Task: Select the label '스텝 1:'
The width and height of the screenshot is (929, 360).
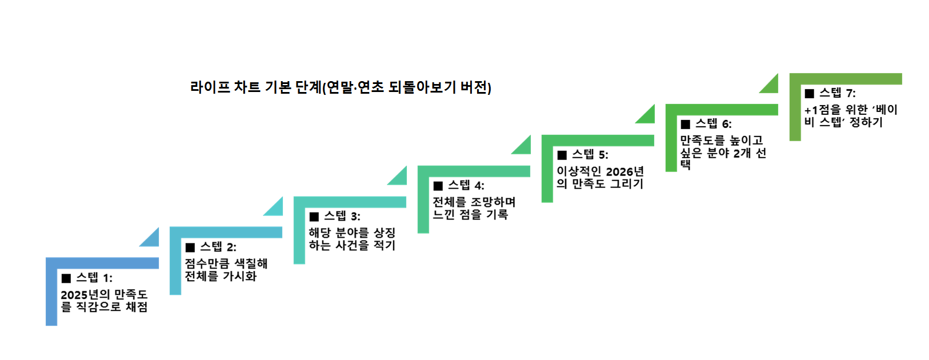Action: (x=94, y=278)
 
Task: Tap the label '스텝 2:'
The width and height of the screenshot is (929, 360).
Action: (x=218, y=247)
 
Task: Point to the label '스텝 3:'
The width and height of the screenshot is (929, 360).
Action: (x=342, y=217)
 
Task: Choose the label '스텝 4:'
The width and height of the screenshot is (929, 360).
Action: (x=466, y=186)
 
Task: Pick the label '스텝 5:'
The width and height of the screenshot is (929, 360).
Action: (x=590, y=155)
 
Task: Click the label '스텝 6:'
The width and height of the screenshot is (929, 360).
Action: (x=714, y=124)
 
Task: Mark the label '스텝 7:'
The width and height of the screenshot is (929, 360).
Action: (x=838, y=93)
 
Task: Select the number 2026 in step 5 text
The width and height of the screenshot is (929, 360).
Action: (x=620, y=171)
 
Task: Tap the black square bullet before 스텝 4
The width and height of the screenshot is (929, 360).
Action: (x=438, y=186)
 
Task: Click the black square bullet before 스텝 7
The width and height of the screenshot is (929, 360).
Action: (x=810, y=94)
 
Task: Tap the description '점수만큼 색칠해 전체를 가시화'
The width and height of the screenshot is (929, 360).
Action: (x=226, y=270)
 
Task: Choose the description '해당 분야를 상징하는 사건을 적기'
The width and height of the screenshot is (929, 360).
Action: (x=352, y=239)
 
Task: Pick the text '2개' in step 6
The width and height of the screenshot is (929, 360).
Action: (x=742, y=153)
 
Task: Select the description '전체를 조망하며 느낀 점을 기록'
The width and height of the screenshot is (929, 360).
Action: (x=474, y=208)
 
